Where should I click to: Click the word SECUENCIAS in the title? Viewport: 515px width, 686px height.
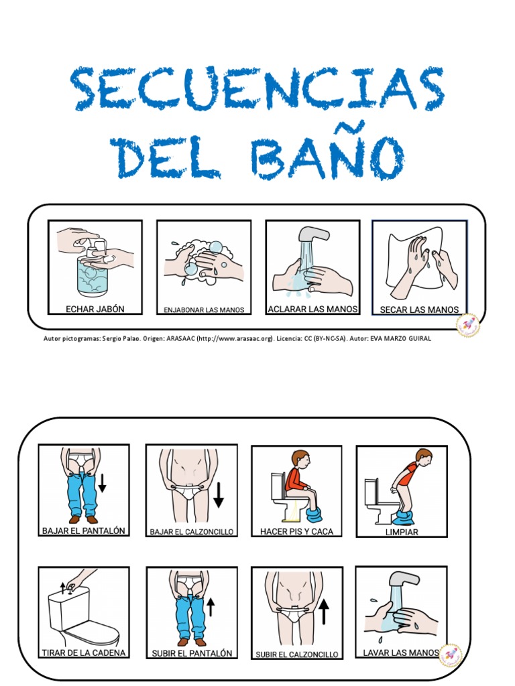pyautogui.click(x=257, y=89)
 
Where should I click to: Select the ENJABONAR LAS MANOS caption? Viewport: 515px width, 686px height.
pyautogui.click(x=204, y=310)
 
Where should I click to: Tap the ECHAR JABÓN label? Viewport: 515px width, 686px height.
pyautogui.click(x=95, y=309)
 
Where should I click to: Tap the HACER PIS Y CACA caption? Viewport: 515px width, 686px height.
pyautogui.click(x=296, y=531)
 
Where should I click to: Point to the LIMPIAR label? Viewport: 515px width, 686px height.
pyautogui.click(x=402, y=532)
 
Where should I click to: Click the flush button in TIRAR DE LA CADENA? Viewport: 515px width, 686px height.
pyautogui.click(x=67, y=588)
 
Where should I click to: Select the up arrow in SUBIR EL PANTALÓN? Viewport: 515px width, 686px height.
pyautogui.click(x=211, y=607)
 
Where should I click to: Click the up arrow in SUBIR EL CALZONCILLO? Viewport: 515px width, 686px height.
pyautogui.click(x=325, y=611)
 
